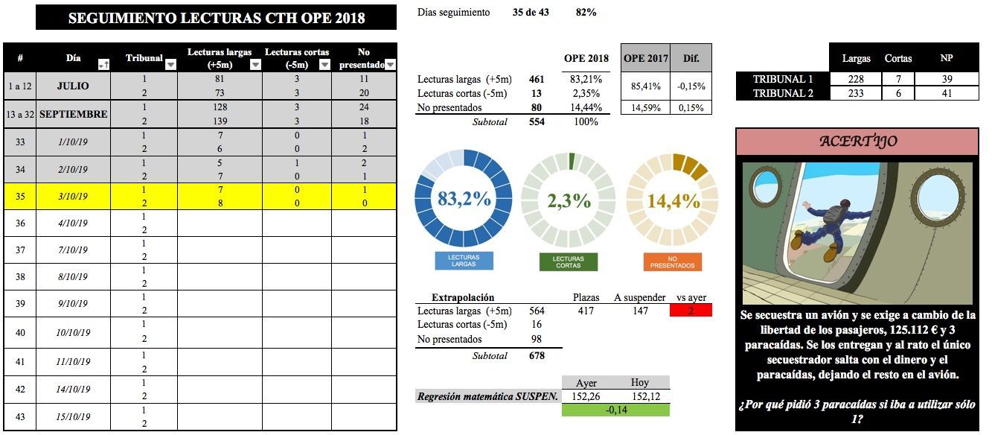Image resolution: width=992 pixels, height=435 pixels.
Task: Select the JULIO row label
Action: (73, 86)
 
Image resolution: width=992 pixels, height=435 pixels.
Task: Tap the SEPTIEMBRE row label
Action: (73, 115)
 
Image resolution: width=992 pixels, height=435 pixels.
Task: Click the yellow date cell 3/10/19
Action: (73, 197)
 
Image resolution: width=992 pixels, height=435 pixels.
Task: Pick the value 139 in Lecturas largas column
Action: (219, 121)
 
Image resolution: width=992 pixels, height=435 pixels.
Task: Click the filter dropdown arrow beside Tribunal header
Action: (170, 65)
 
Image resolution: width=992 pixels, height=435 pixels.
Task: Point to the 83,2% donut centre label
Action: (464, 200)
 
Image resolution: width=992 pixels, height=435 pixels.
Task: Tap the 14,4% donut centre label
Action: (673, 200)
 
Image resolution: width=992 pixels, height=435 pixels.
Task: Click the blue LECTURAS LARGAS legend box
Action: (464, 261)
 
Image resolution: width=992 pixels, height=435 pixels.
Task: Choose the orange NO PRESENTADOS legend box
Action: (672, 261)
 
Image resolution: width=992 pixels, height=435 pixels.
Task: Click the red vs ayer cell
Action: (691, 311)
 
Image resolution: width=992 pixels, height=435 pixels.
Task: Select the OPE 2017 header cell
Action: (645, 58)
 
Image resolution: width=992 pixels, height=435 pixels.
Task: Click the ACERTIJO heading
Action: (857, 142)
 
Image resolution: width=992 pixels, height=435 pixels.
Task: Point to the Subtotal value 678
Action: (537, 356)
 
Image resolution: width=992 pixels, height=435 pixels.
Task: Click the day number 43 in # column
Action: (20, 416)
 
